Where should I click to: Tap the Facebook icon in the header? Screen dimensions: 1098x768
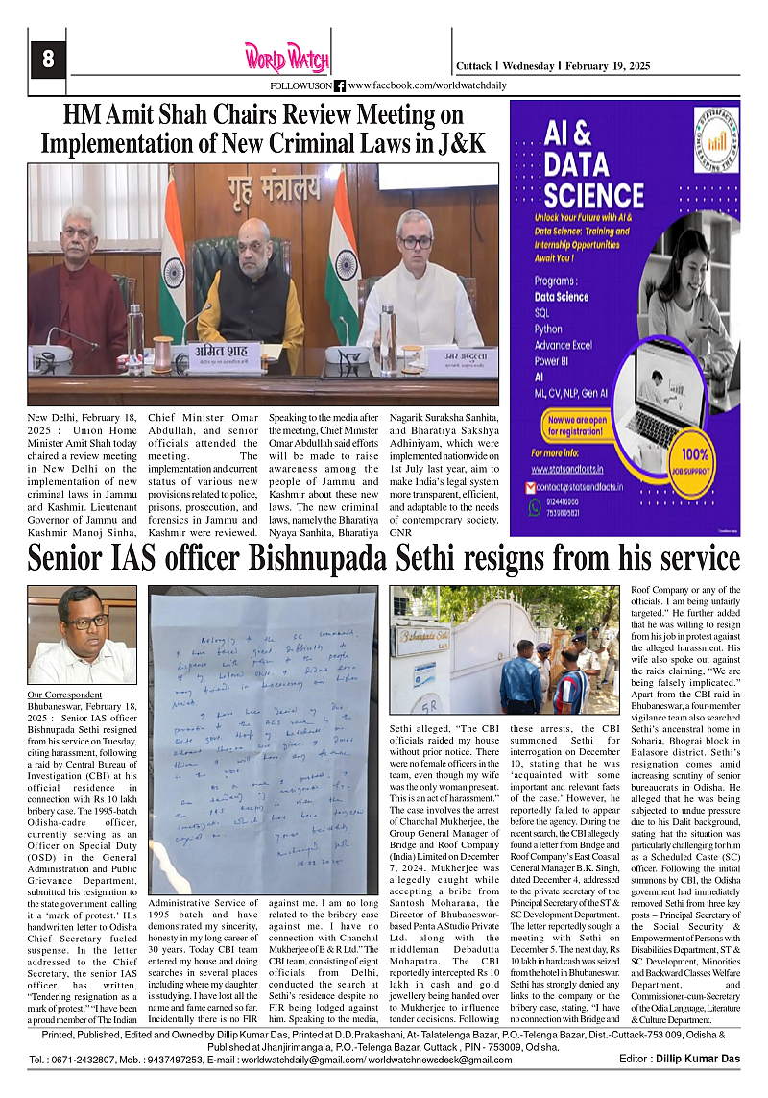tap(339, 85)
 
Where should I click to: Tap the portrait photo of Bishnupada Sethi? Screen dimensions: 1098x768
tap(83, 635)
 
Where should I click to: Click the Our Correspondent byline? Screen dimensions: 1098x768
tap(61, 693)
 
